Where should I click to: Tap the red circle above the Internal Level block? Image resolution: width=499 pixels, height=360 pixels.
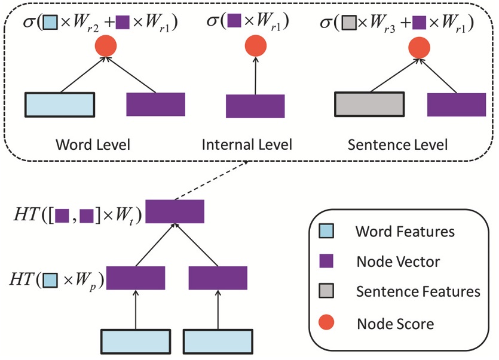tap(255, 46)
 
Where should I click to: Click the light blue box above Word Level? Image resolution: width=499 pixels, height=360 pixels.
tap(60, 104)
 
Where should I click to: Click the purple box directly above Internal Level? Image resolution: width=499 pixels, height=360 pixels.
tap(255, 106)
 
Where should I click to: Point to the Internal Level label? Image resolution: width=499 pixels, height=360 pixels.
tap(247, 145)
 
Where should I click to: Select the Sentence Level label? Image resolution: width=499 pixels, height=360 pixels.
tap(397, 145)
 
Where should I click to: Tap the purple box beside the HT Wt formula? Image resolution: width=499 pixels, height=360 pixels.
tap(175, 211)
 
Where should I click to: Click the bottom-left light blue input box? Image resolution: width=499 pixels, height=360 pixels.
tap(136, 342)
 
